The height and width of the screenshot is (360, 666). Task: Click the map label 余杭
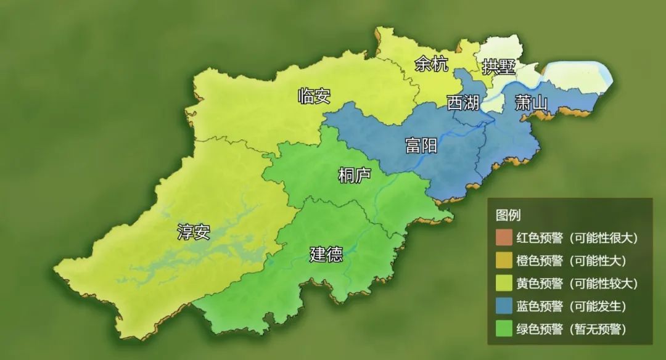(432, 64)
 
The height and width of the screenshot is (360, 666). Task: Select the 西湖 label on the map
(463, 103)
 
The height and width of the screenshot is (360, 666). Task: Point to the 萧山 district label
(531, 103)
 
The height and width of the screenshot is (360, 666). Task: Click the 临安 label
(314, 96)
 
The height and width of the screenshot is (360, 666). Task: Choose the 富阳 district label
(421, 145)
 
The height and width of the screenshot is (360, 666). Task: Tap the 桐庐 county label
(355, 175)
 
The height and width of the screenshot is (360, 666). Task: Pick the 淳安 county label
(194, 232)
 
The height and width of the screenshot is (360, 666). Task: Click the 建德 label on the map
(326, 254)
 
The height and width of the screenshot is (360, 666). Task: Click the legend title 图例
(508, 215)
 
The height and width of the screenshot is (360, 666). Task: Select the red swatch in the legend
(504, 238)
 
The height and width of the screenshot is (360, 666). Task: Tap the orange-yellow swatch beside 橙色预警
(504, 261)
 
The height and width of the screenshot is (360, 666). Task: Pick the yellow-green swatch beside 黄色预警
(504, 284)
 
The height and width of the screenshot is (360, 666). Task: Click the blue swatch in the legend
(504, 306)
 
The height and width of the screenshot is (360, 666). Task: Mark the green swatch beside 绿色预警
(504, 329)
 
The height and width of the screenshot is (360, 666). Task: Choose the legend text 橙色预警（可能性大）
(572, 261)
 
